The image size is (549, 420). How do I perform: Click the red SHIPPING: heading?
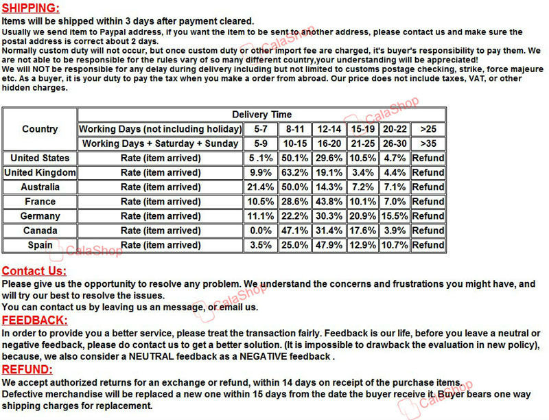[x=30, y=8]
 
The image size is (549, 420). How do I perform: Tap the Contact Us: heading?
[x=34, y=271]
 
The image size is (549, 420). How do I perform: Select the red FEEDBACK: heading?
[x=34, y=320]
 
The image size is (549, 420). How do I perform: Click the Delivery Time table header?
[x=261, y=115]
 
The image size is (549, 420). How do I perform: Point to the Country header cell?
[x=40, y=129]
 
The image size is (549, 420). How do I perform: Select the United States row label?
[x=40, y=158]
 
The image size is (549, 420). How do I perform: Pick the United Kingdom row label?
[x=40, y=172]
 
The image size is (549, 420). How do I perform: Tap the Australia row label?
[x=40, y=187]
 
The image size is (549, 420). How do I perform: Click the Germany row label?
[x=40, y=215]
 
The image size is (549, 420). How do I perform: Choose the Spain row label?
[x=40, y=244]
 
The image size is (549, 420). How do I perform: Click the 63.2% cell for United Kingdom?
[x=295, y=172]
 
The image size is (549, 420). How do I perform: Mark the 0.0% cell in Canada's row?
[x=261, y=230]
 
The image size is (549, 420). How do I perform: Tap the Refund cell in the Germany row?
[x=428, y=215]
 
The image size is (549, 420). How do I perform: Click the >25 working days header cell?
[x=428, y=129]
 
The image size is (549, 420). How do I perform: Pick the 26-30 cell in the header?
[x=395, y=143]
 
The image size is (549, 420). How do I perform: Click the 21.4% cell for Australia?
[x=261, y=187]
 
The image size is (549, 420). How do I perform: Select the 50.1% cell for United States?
[x=295, y=158]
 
